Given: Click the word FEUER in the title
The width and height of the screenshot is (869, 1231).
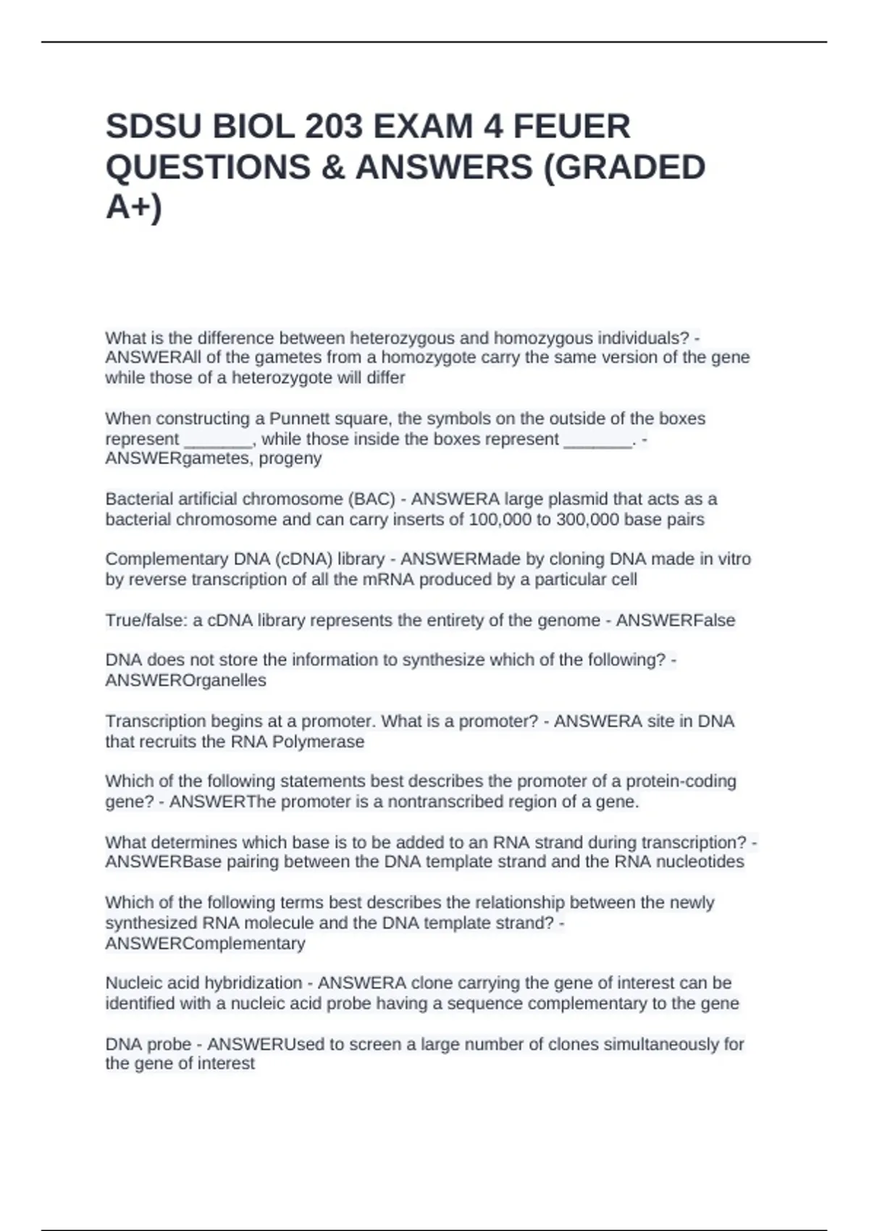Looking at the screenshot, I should point(571,127).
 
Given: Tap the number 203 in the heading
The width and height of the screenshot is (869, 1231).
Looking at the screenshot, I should point(333,127).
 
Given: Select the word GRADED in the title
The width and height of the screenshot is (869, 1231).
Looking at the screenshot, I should point(624,167).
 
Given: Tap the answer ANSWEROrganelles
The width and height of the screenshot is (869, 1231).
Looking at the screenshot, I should point(185,681).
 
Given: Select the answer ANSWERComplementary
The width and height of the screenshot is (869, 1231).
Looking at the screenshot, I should point(205,944).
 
